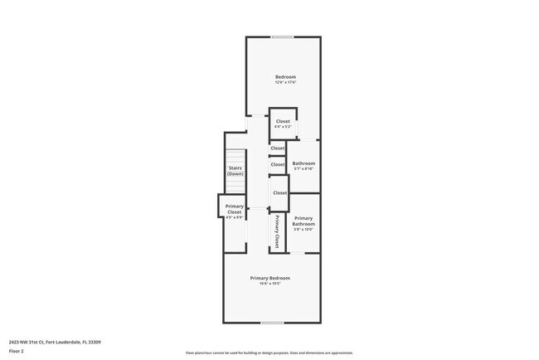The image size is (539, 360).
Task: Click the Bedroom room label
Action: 285,77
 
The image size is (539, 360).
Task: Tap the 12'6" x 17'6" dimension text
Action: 285,83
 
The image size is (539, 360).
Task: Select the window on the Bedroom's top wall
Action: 282,36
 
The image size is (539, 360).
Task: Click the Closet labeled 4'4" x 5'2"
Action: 283,124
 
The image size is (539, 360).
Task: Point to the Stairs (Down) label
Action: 236,171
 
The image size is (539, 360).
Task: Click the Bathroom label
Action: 303,163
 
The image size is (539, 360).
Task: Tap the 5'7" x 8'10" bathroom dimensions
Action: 303,169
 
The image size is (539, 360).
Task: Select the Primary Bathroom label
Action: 303,221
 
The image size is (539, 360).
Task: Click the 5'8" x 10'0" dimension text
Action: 303,230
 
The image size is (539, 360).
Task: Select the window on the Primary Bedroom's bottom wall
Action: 272,323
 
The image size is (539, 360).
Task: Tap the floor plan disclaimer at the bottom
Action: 269,353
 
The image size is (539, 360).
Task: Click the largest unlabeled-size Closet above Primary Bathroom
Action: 279,192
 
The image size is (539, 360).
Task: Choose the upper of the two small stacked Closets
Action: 277,148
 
